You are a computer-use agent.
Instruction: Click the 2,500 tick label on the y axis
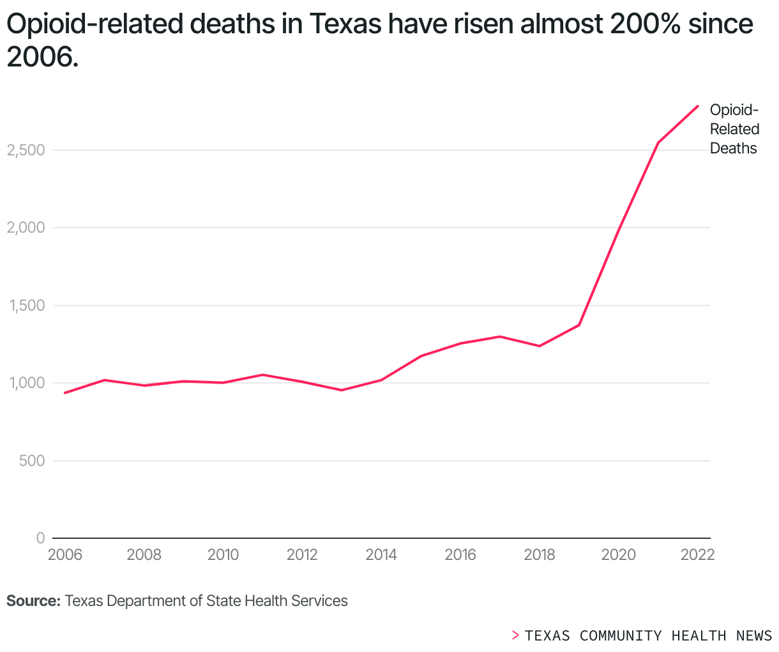click(x=26, y=150)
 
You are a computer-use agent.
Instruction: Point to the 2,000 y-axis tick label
click(x=26, y=228)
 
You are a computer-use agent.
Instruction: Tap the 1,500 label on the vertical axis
click(x=26, y=306)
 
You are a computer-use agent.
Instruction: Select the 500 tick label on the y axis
click(x=31, y=461)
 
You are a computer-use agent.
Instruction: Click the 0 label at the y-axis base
click(x=40, y=538)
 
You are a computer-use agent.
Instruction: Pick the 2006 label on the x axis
click(x=65, y=555)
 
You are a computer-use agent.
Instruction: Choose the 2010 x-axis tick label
click(x=223, y=555)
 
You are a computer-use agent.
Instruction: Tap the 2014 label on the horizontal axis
click(x=381, y=555)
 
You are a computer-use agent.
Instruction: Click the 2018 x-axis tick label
click(x=540, y=555)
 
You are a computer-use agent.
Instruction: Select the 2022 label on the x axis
click(x=697, y=555)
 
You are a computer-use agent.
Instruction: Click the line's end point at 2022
click(x=697, y=106)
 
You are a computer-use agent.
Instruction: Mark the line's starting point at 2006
click(x=65, y=392)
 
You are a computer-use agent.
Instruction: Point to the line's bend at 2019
click(x=579, y=325)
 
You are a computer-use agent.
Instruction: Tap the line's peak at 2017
click(x=500, y=336)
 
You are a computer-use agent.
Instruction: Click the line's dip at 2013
click(x=342, y=390)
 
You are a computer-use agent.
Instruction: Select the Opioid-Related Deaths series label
click(x=734, y=129)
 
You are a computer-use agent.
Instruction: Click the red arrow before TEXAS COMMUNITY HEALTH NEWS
click(x=515, y=635)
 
